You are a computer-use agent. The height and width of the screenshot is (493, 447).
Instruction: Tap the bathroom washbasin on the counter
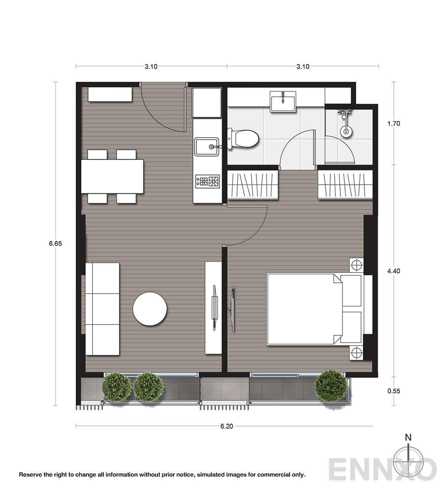[283, 102]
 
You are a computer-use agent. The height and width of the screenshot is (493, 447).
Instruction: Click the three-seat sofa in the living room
[102, 309]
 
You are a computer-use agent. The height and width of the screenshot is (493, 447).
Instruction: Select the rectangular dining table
[113, 176]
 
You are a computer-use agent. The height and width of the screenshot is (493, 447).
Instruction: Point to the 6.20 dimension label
[226, 426]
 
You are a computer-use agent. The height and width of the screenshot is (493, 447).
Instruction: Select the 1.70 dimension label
[394, 124]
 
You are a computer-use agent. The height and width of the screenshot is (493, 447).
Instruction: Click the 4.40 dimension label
[394, 271]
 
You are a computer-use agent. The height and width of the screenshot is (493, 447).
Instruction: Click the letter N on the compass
[408, 437]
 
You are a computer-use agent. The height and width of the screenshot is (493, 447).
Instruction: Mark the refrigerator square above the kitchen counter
[207, 103]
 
